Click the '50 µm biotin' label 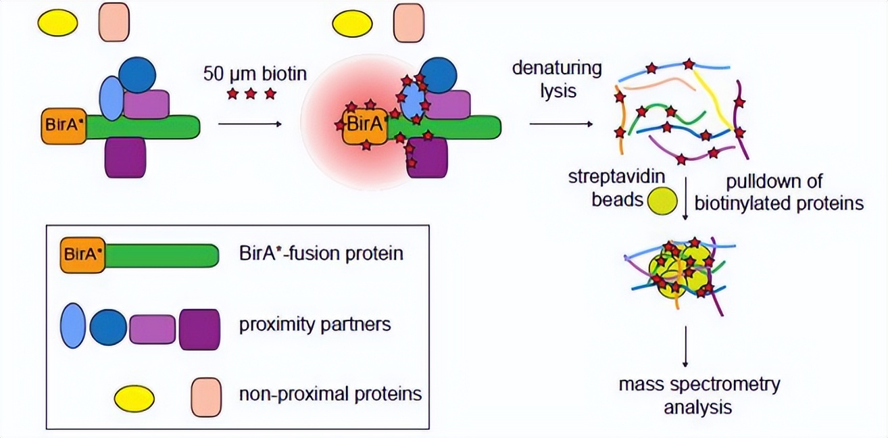click(255, 72)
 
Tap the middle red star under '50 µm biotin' click(251, 94)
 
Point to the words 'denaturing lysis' click(556, 79)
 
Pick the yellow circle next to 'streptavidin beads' click(662, 201)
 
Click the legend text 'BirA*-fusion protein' click(321, 253)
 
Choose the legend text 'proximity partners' click(315, 324)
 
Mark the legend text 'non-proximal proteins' click(330, 393)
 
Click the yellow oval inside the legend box click(133, 399)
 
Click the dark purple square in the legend click(199, 329)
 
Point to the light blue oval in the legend click(73, 326)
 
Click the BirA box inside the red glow click(365, 126)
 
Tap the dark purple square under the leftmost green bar click(126, 157)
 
